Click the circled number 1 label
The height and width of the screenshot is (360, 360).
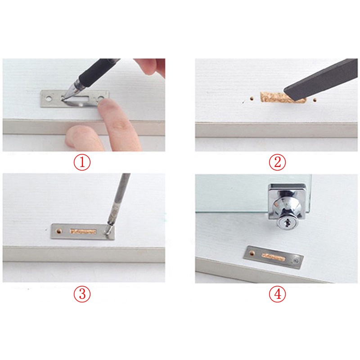click(x=82, y=162)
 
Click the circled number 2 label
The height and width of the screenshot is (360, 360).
click(x=278, y=162)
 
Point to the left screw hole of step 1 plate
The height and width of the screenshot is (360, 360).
click(x=49, y=99)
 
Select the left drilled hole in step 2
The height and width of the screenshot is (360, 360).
click(x=252, y=99)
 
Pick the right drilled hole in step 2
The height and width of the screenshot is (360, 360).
click(x=315, y=100)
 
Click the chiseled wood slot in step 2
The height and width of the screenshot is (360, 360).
click(x=283, y=98)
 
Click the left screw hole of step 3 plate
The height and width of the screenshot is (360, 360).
click(x=59, y=231)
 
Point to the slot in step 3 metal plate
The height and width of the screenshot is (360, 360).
click(x=83, y=231)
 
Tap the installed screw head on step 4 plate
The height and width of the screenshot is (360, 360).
click(x=294, y=261)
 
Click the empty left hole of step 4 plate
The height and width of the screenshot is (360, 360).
click(x=252, y=253)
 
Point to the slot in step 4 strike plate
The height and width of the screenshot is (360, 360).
click(x=274, y=257)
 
